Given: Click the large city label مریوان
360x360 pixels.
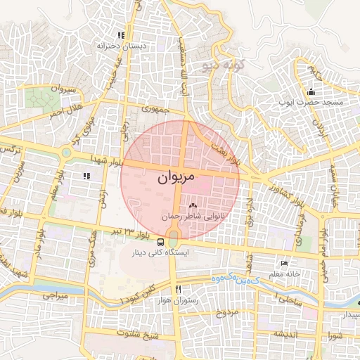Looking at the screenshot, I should (x=172, y=179).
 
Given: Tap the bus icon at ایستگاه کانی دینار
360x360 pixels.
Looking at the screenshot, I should (x=143, y=241).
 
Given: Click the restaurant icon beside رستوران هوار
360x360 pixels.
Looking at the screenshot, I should (x=179, y=290).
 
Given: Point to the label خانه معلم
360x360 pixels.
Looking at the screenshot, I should (x=287, y=273).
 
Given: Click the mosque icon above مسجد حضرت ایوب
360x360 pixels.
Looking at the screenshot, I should (x=311, y=91).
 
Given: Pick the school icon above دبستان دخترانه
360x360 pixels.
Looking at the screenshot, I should (x=121, y=35).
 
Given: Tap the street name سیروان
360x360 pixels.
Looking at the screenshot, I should (x=63, y=89).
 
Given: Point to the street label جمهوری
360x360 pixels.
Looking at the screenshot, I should (x=153, y=109).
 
